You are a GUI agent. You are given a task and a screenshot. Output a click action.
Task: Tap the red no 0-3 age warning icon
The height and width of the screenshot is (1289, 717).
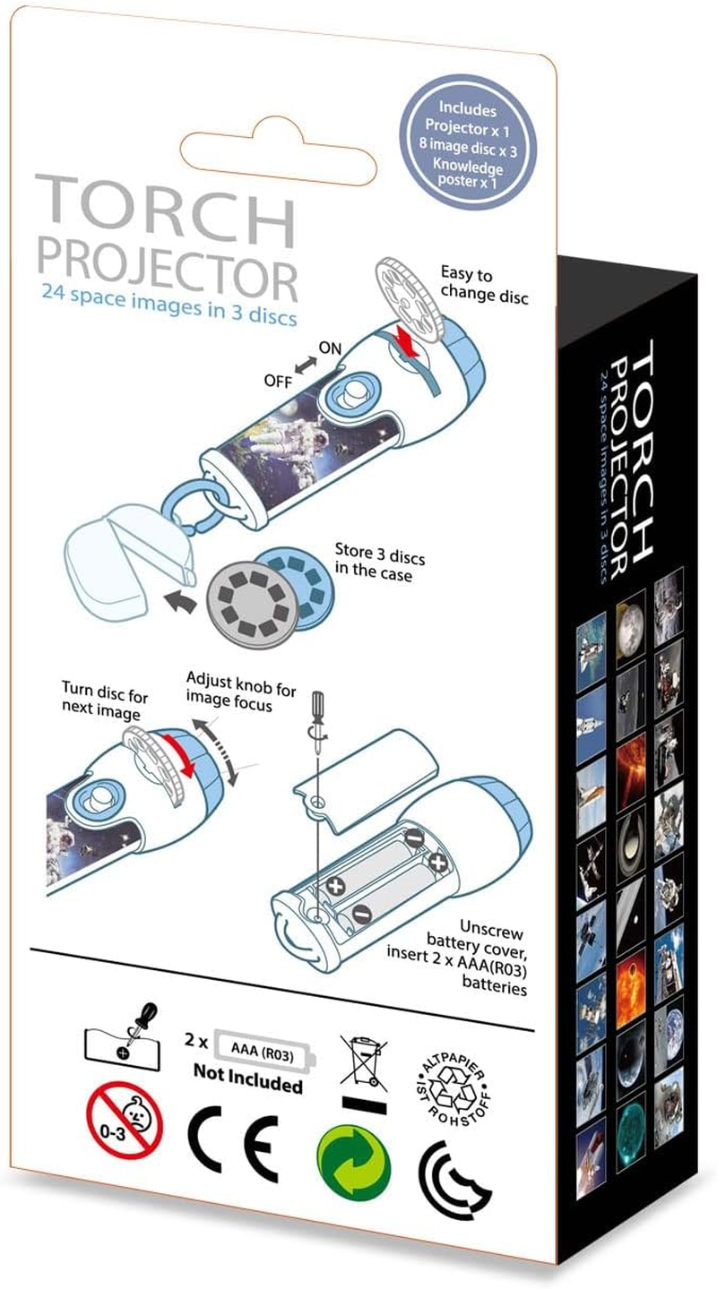(125, 1119)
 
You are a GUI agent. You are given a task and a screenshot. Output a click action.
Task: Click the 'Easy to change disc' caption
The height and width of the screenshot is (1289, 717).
(483, 284)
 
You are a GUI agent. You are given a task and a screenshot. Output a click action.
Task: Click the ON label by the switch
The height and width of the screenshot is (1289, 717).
(330, 348)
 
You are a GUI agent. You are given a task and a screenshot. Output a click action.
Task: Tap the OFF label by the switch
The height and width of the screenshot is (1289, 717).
(278, 381)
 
